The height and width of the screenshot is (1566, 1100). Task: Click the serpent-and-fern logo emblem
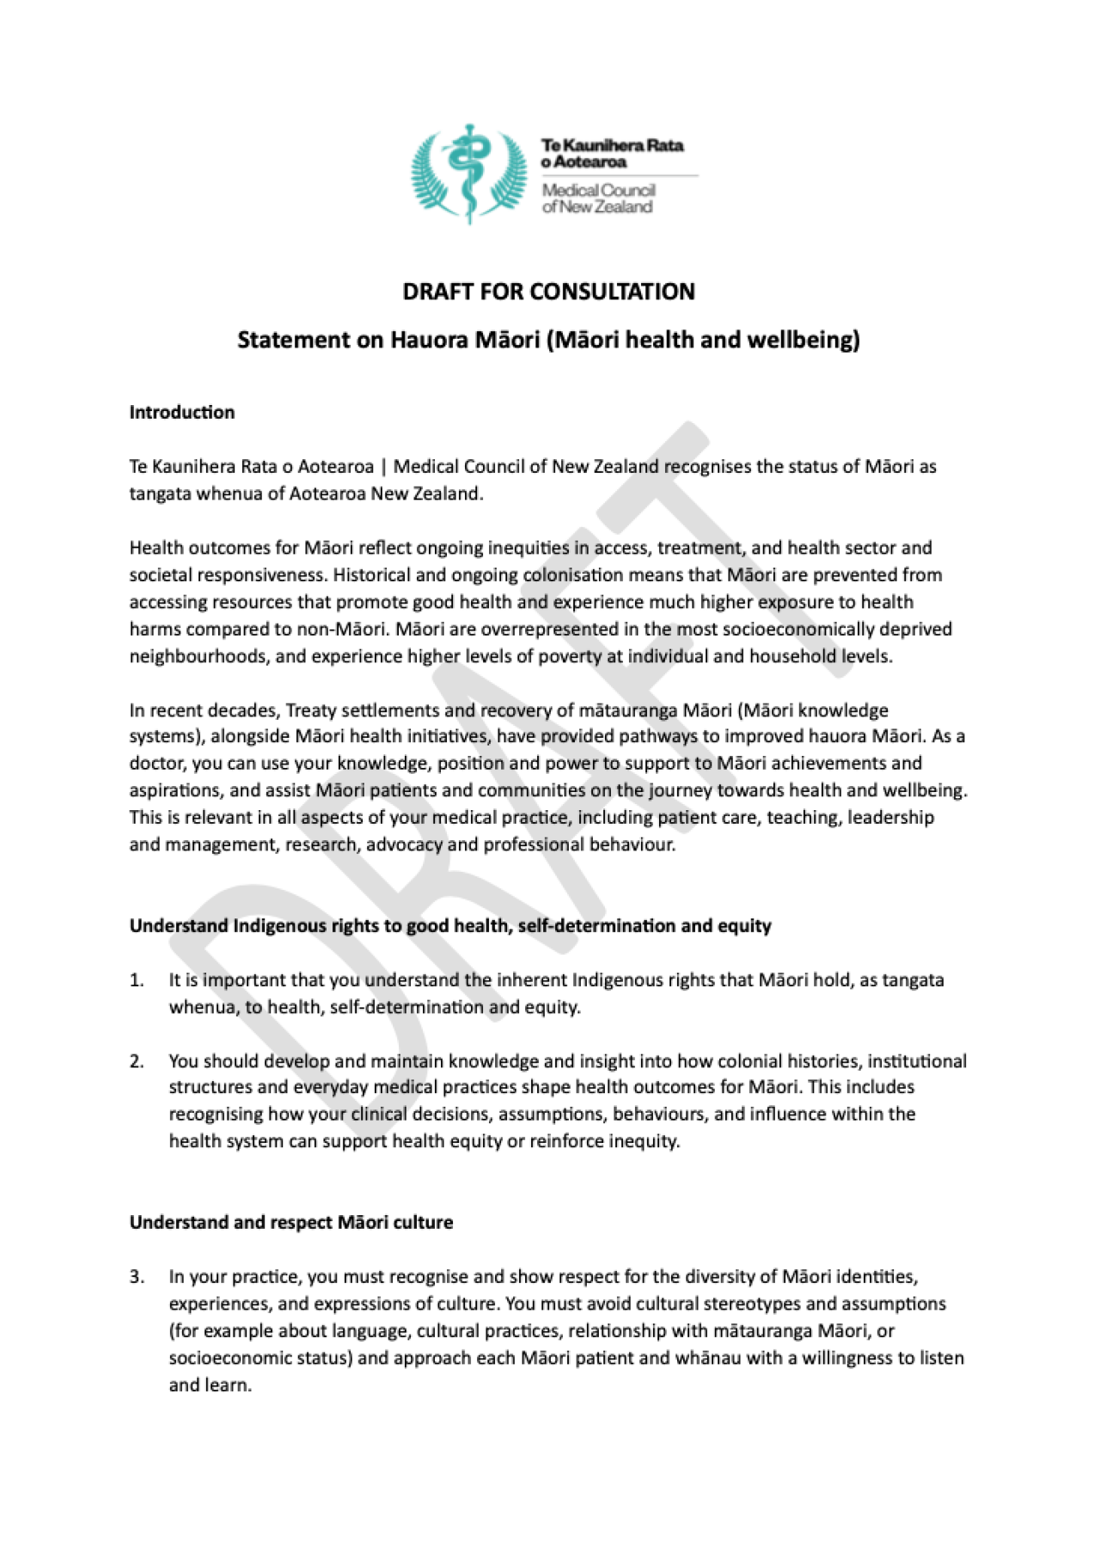pyautogui.click(x=468, y=175)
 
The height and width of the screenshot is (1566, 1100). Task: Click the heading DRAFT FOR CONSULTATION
pyautogui.click(x=548, y=292)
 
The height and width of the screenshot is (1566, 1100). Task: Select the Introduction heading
pyautogui.click(x=181, y=412)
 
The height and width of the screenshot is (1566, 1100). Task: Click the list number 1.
pyautogui.click(x=137, y=980)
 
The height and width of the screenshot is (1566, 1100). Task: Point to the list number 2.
pyautogui.click(x=137, y=1061)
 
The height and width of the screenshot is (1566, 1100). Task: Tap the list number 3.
pyautogui.click(x=137, y=1276)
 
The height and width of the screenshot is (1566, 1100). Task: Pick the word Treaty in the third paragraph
pyautogui.click(x=310, y=710)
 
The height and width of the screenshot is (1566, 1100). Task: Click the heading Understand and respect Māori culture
pyautogui.click(x=290, y=1222)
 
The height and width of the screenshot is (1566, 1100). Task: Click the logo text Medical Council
pyautogui.click(x=598, y=190)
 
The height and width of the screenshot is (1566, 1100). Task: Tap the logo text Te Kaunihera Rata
pyautogui.click(x=612, y=145)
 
